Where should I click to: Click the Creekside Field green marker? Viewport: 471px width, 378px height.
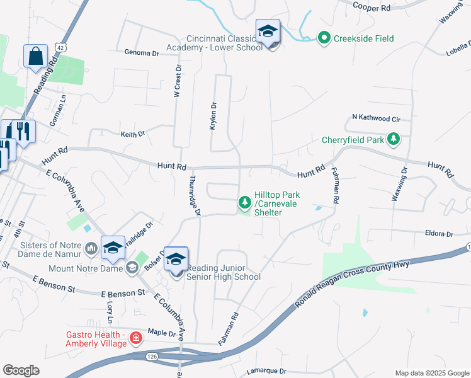click(x=324, y=38)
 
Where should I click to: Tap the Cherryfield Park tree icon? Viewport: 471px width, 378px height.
click(x=394, y=139)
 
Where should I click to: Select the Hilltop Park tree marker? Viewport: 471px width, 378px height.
click(x=244, y=203)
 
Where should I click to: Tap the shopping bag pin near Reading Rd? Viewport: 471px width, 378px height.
click(x=35, y=55)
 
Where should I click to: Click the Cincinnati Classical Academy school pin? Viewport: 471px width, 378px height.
click(x=268, y=31)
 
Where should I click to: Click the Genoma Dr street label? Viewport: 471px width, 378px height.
click(x=142, y=54)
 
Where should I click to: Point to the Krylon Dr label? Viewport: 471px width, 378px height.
click(x=213, y=116)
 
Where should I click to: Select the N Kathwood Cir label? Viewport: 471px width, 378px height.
click(x=376, y=118)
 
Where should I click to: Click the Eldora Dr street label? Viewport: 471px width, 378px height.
click(x=439, y=234)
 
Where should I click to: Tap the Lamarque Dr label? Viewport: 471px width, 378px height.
click(x=266, y=372)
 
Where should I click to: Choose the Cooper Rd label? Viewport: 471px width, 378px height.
click(x=372, y=6)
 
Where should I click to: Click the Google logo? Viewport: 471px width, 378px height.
click(x=21, y=370)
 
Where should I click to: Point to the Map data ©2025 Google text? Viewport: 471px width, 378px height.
click(x=431, y=373)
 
